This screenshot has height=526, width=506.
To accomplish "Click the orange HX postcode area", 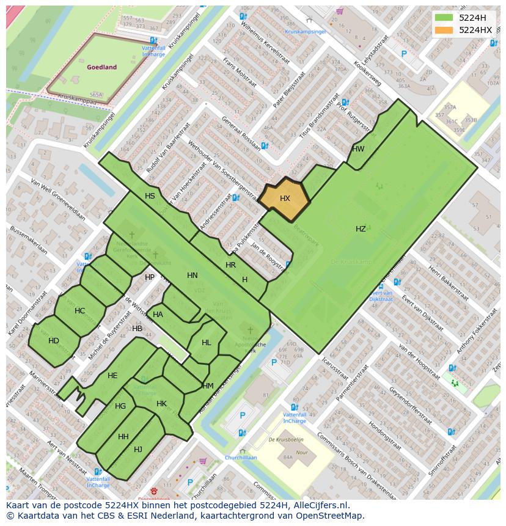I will (x=284, y=199).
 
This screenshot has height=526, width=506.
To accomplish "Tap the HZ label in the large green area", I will (x=361, y=229).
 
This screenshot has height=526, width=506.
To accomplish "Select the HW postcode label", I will (x=358, y=149).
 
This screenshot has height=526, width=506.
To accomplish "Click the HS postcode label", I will (x=150, y=196).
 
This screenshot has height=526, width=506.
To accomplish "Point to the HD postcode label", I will (x=54, y=341).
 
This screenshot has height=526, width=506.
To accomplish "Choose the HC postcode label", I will (x=80, y=311).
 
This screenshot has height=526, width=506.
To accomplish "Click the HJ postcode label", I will (x=138, y=450).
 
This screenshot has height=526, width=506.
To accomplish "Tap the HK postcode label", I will (x=161, y=404).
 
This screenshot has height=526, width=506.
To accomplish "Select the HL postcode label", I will (x=206, y=343).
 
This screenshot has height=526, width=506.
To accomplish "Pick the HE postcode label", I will (x=112, y=376).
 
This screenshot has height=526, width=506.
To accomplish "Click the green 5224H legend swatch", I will (x=444, y=17).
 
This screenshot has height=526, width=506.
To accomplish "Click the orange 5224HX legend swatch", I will (x=444, y=30).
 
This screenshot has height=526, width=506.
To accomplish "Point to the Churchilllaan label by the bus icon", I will (x=240, y=458).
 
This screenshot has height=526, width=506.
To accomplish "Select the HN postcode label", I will (x=193, y=276).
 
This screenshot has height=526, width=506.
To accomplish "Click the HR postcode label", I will (x=230, y=265).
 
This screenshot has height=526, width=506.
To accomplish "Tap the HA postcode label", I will (x=158, y=315).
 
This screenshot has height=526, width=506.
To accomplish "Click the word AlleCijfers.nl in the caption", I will (x=320, y=506).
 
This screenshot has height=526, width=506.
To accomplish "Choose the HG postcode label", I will (x=120, y=406).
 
